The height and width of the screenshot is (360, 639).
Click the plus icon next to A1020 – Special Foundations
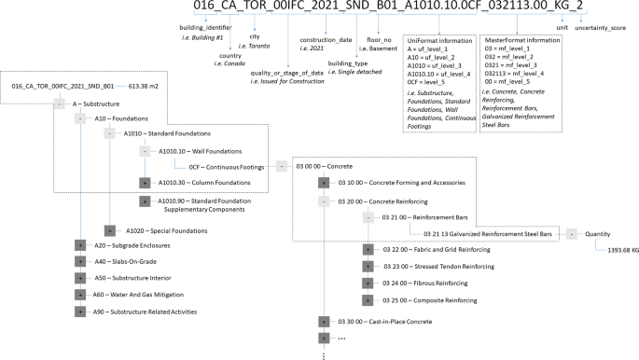pyautogui.click(x=109, y=229)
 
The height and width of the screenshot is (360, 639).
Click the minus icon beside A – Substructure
pyautogui.click(x=60, y=104)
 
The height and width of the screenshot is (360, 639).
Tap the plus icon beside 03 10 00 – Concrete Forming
pyautogui.click(x=324, y=183)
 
